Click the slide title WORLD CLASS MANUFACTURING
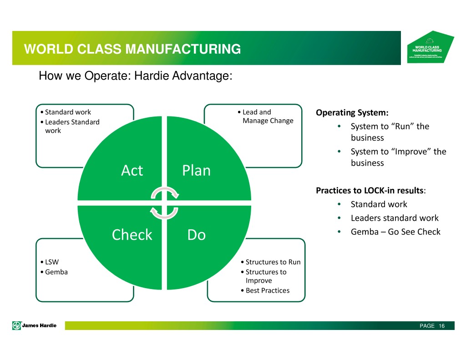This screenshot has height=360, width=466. (x=132, y=49)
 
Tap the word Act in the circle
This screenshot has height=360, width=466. (x=132, y=171)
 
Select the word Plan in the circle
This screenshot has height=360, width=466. (x=196, y=171)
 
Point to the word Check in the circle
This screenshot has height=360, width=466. (x=132, y=235)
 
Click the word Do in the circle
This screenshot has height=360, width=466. (x=196, y=235)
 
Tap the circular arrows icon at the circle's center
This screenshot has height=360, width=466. (x=164, y=203)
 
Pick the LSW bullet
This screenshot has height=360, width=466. (x=51, y=262)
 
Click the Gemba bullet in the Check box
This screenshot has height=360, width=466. (x=56, y=272)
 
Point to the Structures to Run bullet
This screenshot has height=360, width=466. (x=273, y=262)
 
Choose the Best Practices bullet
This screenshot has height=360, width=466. (x=267, y=290)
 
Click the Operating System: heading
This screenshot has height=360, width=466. (x=352, y=112)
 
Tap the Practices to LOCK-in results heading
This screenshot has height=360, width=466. (x=370, y=191)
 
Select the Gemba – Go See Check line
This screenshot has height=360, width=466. (x=395, y=232)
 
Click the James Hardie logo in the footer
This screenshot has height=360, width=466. (x=35, y=325)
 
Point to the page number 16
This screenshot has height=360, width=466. (x=441, y=326)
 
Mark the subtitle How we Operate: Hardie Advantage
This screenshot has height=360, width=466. (x=136, y=76)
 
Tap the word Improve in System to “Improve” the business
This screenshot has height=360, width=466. (x=412, y=152)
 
